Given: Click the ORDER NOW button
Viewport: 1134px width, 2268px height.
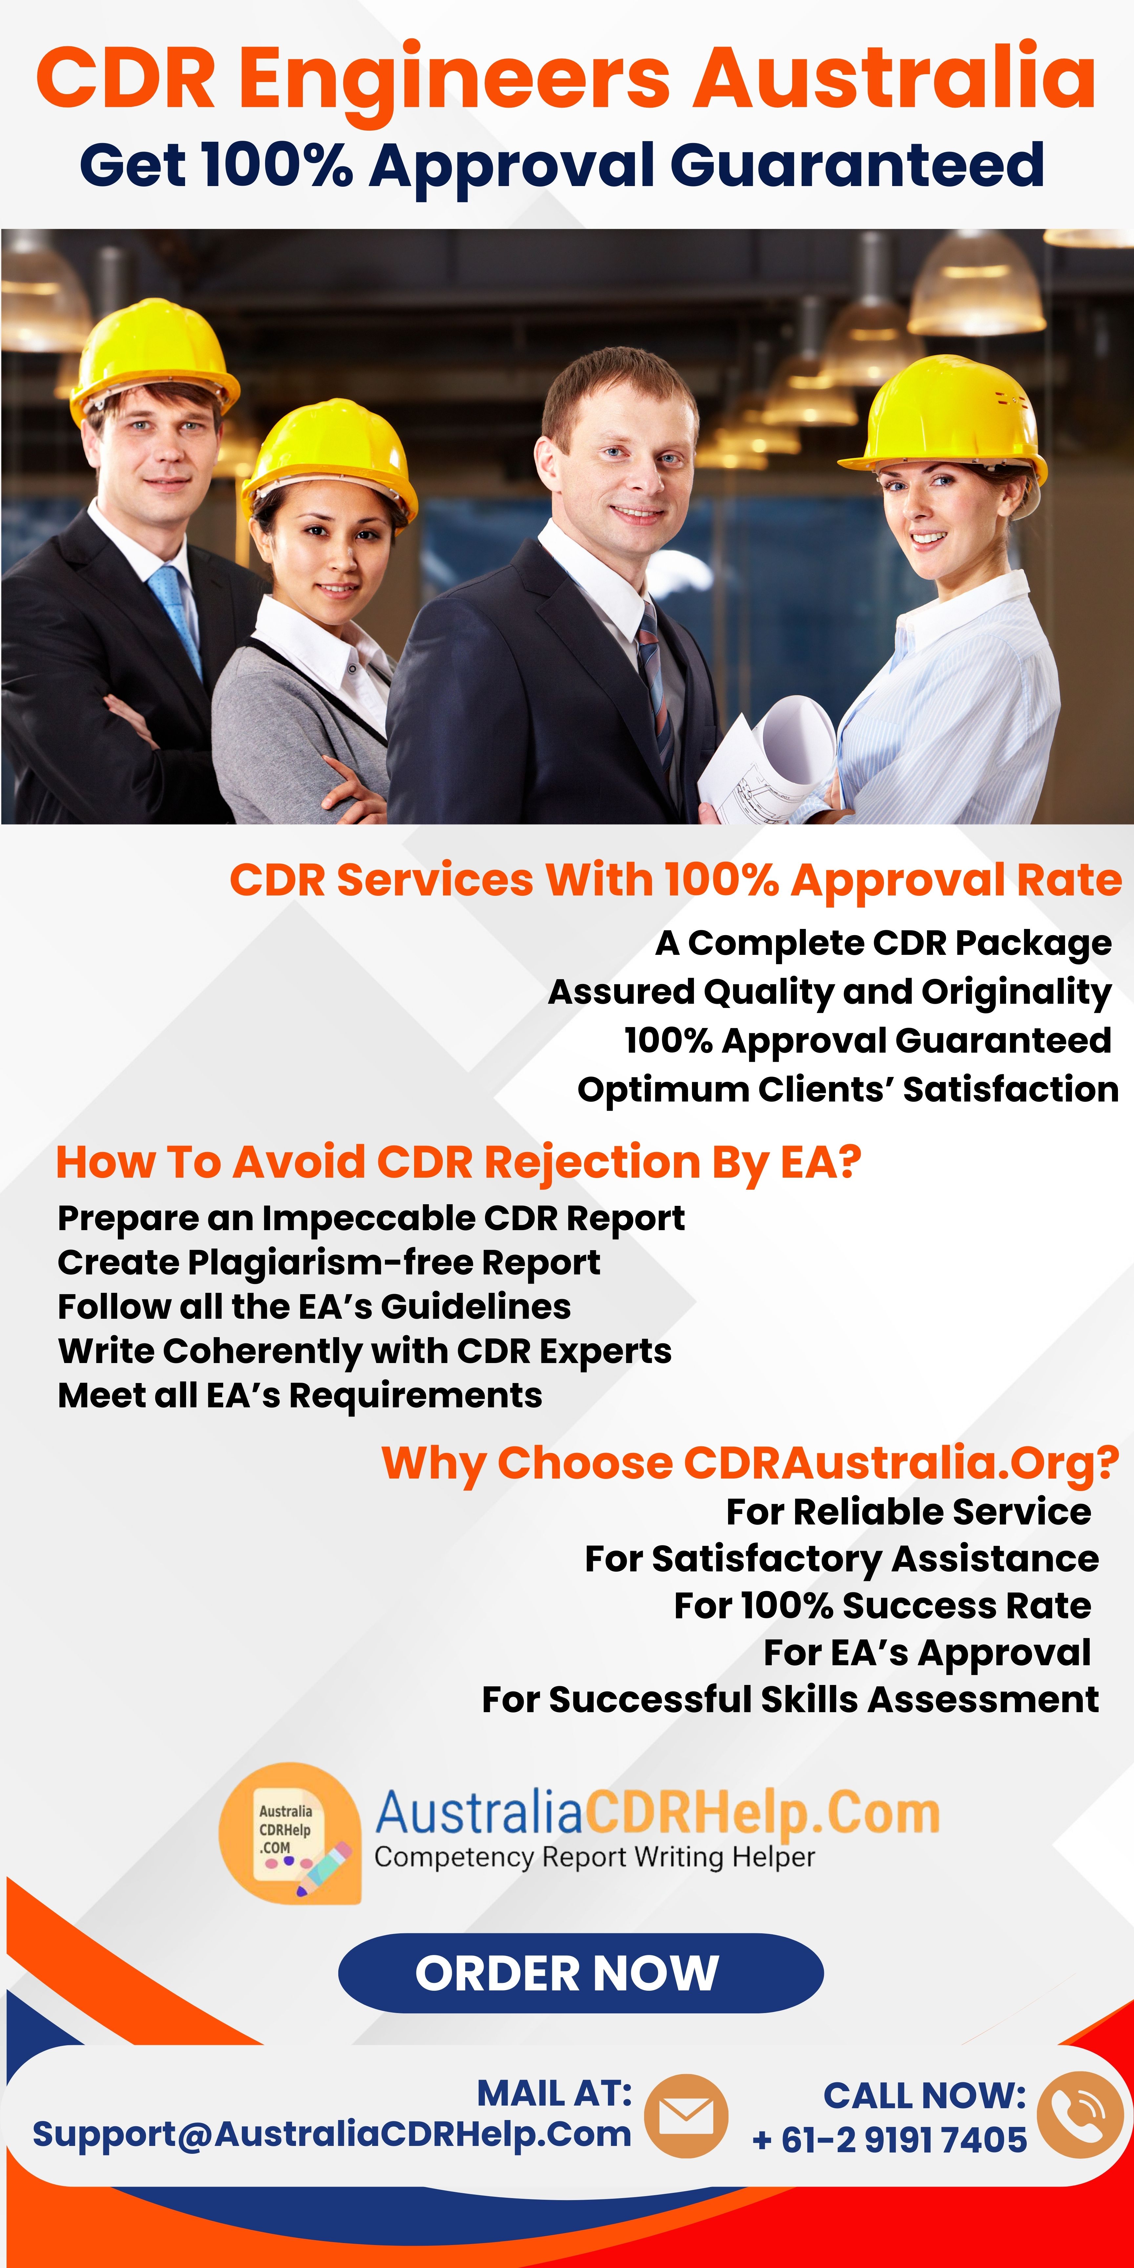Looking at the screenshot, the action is click(580, 1973).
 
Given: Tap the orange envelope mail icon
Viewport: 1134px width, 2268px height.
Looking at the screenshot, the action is click(686, 2116).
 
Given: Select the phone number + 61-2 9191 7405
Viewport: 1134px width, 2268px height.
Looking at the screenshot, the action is click(889, 2139).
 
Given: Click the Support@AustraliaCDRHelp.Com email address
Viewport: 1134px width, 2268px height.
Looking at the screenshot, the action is click(332, 2134).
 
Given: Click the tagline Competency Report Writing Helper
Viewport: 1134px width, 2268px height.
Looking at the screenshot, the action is click(594, 1857).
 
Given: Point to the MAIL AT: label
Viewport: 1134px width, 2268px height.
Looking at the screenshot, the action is click(554, 2094).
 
